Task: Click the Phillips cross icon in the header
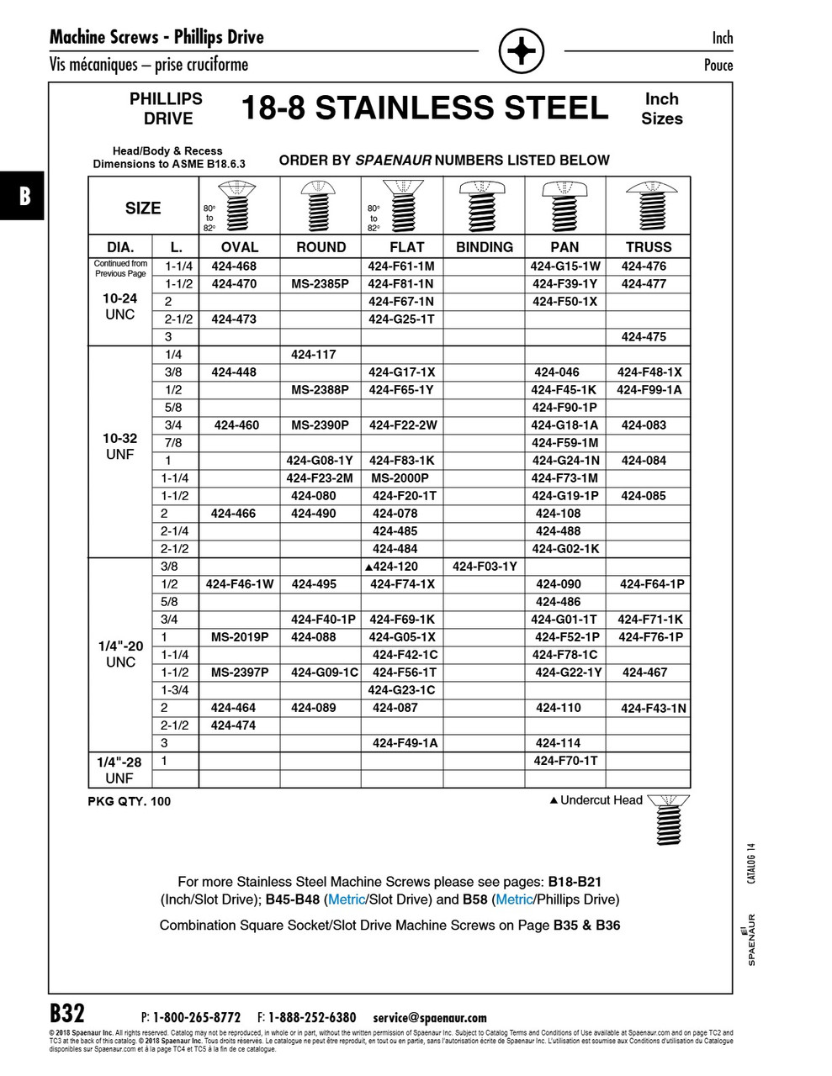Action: [521, 52]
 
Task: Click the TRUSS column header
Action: [649, 247]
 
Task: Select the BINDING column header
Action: [484, 247]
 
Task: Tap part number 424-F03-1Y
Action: [485, 567]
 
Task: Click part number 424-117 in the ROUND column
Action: [313, 355]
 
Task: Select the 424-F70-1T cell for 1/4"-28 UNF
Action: [564, 761]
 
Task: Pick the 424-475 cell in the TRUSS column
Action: [644, 337]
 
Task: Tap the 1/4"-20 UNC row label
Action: [120, 654]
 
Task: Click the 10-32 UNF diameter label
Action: [120, 446]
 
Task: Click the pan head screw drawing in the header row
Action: [564, 205]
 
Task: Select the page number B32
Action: [67, 1012]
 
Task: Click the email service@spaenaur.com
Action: [429, 1017]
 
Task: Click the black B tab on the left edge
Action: [23, 196]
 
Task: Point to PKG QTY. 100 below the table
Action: [129, 801]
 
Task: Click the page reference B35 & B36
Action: [586, 926]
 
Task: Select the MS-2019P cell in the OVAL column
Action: [239, 637]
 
